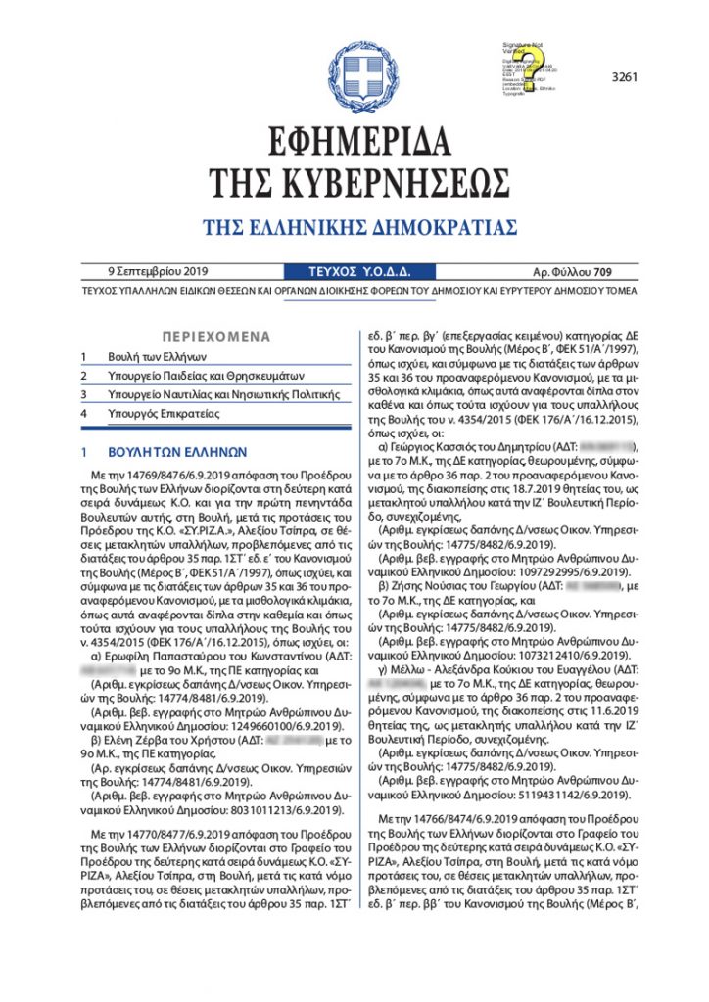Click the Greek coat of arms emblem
tap(363, 70)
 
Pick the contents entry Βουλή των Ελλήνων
tap(158, 357)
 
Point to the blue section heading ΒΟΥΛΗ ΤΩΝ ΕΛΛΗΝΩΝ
tap(177, 453)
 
